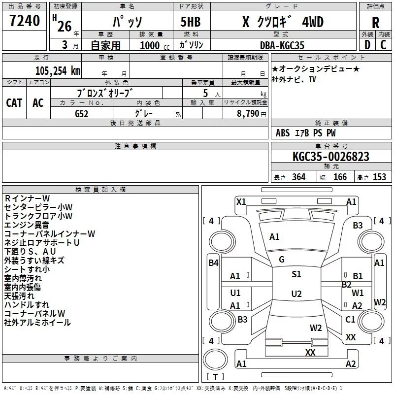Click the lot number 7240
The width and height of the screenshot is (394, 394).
point(25,20)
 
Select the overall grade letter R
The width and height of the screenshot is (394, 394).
point(375,23)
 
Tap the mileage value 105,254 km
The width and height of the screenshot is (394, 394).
point(58,70)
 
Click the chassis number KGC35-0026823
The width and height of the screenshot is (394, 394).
point(331,157)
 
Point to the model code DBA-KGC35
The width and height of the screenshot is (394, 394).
point(282,45)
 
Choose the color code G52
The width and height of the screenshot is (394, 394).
point(81,114)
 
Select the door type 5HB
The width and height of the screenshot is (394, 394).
point(191,22)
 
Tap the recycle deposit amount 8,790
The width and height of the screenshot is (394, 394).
point(248,113)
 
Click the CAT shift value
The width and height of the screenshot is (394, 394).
point(14,103)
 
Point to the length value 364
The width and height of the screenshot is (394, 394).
point(298,177)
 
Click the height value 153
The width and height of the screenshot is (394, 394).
point(379,177)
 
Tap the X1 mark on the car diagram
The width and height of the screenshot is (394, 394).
point(241,201)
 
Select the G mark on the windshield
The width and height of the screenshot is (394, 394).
point(282,260)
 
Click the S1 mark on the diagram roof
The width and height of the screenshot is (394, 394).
point(296,274)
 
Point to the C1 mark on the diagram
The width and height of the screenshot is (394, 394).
point(350,319)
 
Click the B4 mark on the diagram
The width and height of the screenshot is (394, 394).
point(213,263)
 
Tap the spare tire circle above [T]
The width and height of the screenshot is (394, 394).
point(215,360)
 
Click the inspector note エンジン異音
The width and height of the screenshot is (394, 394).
point(27,225)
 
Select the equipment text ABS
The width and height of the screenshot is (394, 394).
point(283,133)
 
